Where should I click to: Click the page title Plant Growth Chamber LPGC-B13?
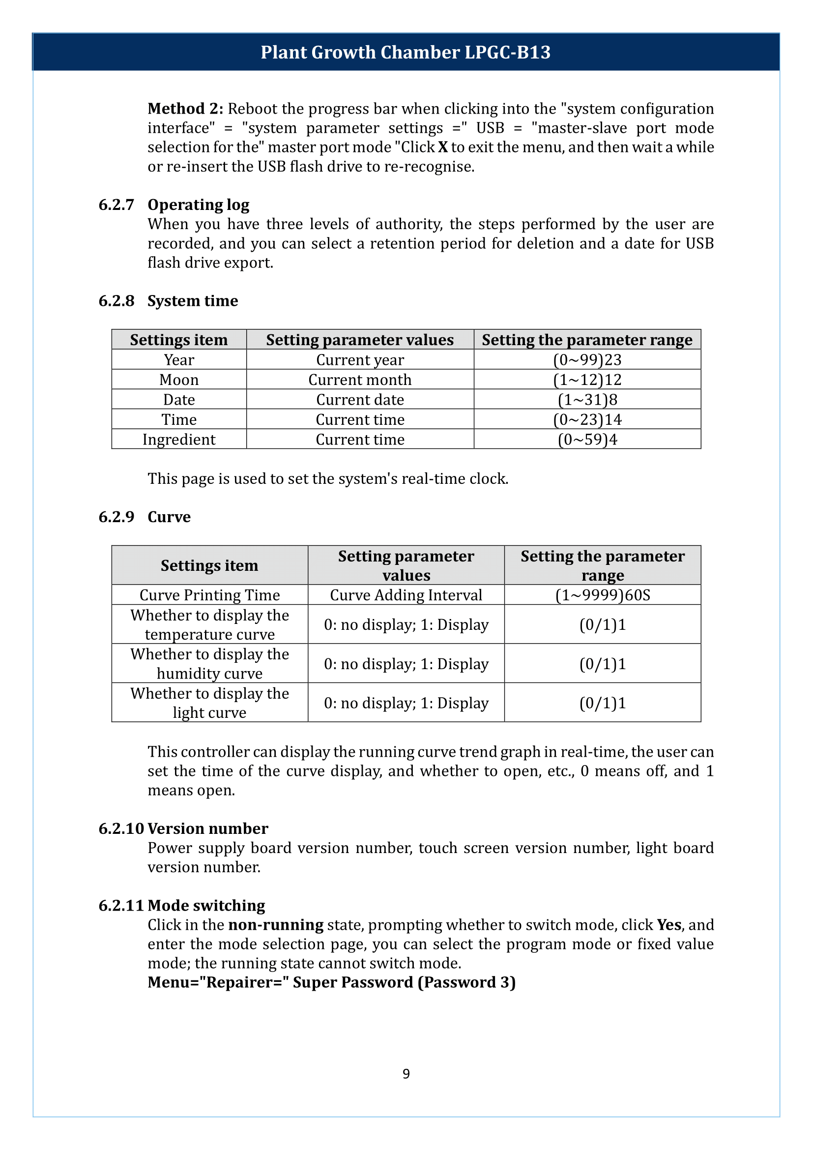click(x=406, y=52)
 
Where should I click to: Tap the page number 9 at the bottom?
click(x=406, y=1073)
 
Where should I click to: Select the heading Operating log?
click(x=198, y=205)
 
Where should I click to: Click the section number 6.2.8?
click(x=116, y=300)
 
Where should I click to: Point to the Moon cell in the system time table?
click(x=179, y=380)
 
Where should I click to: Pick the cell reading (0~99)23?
click(x=587, y=359)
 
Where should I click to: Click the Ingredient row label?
click(x=179, y=439)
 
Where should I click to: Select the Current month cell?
click(x=359, y=380)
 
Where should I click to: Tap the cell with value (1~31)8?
click(x=587, y=400)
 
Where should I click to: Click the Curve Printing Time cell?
click(x=209, y=594)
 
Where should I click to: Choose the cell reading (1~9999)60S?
click(x=602, y=594)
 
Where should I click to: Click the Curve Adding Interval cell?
click(x=406, y=594)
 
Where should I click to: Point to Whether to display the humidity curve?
click(x=209, y=663)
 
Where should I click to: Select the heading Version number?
click(x=208, y=828)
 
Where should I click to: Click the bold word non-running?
click(x=275, y=925)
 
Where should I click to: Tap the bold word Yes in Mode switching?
click(x=669, y=925)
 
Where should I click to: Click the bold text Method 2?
click(x=185, y=109)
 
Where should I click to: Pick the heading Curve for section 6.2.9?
click(x=169, y=517)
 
